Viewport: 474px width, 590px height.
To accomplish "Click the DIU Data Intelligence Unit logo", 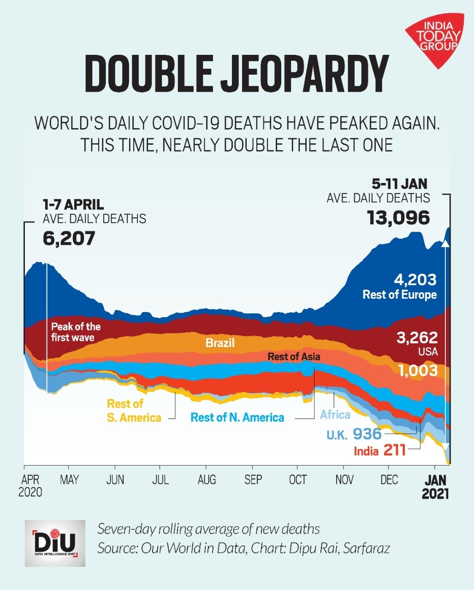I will (x=55, y=543).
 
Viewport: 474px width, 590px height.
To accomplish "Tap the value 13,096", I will (x=398, y=218).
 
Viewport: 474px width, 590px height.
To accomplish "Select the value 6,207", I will (x=69, y=238).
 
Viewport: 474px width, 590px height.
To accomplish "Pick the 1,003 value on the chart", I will (x=418, y=370).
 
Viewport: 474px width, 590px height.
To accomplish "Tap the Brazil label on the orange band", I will (x=220, y=343).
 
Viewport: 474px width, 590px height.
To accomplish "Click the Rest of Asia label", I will (x=294, y=356).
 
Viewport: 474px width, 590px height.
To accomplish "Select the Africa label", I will (x=335, y=414).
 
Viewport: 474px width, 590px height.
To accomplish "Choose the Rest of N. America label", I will (x=237, y=418).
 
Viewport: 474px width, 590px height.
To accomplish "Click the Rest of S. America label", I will (x=134, y=411).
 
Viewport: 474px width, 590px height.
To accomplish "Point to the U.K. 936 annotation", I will (x=354, y=434).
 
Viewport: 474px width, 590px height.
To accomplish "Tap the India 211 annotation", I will (x=379, y=450).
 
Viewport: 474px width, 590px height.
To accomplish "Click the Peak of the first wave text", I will (x=76, y=332).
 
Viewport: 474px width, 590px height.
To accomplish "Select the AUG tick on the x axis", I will (x=207, y=480).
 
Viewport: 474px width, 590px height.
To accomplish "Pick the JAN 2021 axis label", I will (x=435, y=486).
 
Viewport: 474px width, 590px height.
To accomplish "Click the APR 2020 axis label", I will (x=30, y=485).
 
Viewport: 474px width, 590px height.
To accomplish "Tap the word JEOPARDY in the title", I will (x=305, y=74).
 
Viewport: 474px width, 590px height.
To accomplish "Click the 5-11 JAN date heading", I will (x=400, y=184).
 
